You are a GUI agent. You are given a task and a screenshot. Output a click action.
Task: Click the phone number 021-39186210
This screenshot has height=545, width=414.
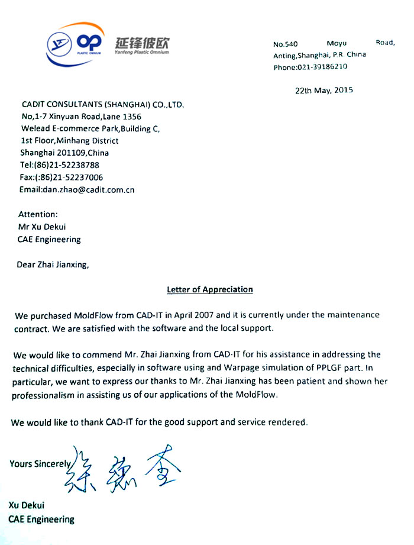coord(322,67)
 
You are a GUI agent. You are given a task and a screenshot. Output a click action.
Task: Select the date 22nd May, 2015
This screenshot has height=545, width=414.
coord(324,91)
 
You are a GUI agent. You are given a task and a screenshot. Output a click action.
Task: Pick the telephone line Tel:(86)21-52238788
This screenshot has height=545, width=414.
coord(60,165)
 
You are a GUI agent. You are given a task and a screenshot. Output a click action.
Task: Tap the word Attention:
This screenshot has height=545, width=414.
coord(38,214)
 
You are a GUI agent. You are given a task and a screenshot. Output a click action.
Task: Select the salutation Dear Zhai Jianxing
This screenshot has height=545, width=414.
coord(53,265)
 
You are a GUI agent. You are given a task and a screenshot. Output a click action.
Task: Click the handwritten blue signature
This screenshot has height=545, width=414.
coord(121,467)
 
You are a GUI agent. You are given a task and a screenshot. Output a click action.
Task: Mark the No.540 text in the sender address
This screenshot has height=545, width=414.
coord(286,44)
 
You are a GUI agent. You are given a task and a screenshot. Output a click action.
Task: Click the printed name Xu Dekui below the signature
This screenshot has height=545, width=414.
coord(27,505)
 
